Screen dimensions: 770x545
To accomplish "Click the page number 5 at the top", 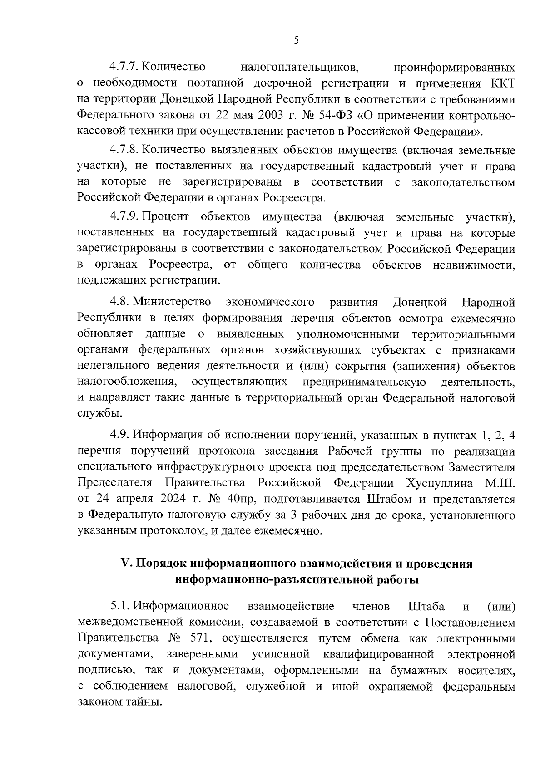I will click(x=296, y=40).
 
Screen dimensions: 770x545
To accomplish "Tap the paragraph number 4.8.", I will click(x=119, y=302).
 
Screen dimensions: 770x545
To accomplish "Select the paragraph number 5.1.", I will click(x=119, y=606).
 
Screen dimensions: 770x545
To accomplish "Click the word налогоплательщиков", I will click(x=299, y=67).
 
